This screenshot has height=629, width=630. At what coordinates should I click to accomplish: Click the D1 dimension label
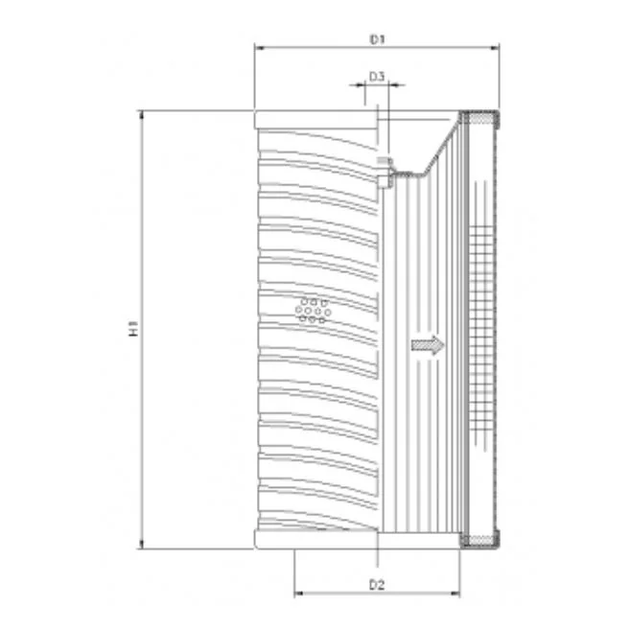377,39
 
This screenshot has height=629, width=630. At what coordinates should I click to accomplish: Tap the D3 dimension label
377,77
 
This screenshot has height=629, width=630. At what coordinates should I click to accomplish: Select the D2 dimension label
377,585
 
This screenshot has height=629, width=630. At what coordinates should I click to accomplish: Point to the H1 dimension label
133,328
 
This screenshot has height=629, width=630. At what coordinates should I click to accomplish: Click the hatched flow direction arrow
428,345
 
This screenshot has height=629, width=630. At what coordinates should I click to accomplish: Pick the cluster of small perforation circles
313,311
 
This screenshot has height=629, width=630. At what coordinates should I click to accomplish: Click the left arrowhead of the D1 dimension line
260,48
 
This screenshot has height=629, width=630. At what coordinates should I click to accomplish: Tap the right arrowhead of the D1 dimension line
494,48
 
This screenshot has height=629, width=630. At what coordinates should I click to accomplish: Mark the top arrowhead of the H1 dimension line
141,115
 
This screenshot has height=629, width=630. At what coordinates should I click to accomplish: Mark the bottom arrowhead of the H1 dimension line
141,544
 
